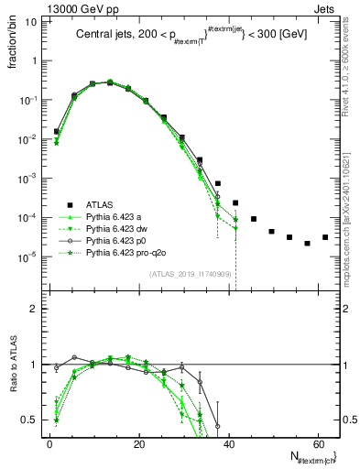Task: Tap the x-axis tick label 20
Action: [139, 443]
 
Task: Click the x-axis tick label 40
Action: [228, 443]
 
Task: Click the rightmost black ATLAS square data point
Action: [325, 237]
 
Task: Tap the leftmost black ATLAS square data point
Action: [57, 131]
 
